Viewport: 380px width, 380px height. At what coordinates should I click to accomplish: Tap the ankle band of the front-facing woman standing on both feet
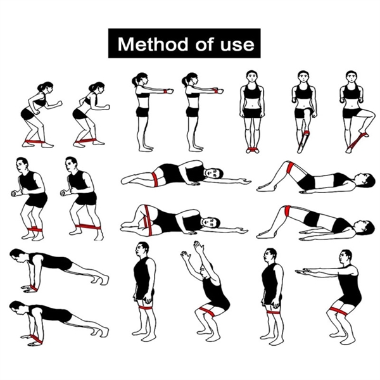(253, 149)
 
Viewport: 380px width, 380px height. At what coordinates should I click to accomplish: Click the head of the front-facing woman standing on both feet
(251, 77)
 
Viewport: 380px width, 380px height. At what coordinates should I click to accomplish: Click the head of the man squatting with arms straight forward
(346, 257)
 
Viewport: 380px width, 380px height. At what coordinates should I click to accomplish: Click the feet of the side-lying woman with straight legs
(127, 180)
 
